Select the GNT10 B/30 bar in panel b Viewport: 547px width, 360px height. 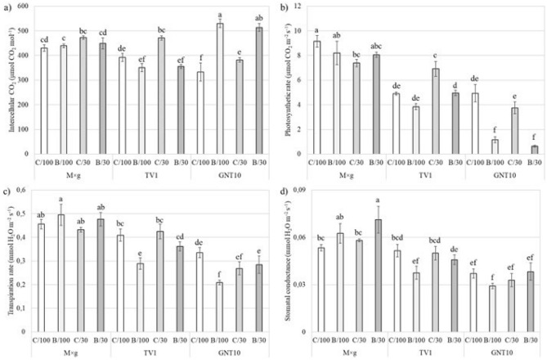click(522, 150)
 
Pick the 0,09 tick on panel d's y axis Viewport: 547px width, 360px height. click(309, 190)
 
